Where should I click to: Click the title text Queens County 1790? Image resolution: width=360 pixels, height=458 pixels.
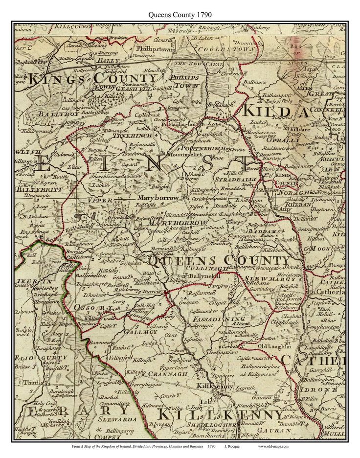(180, 14)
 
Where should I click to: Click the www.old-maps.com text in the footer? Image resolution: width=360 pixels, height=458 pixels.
(273, 446)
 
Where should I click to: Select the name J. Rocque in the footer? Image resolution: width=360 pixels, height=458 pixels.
(232, 446)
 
